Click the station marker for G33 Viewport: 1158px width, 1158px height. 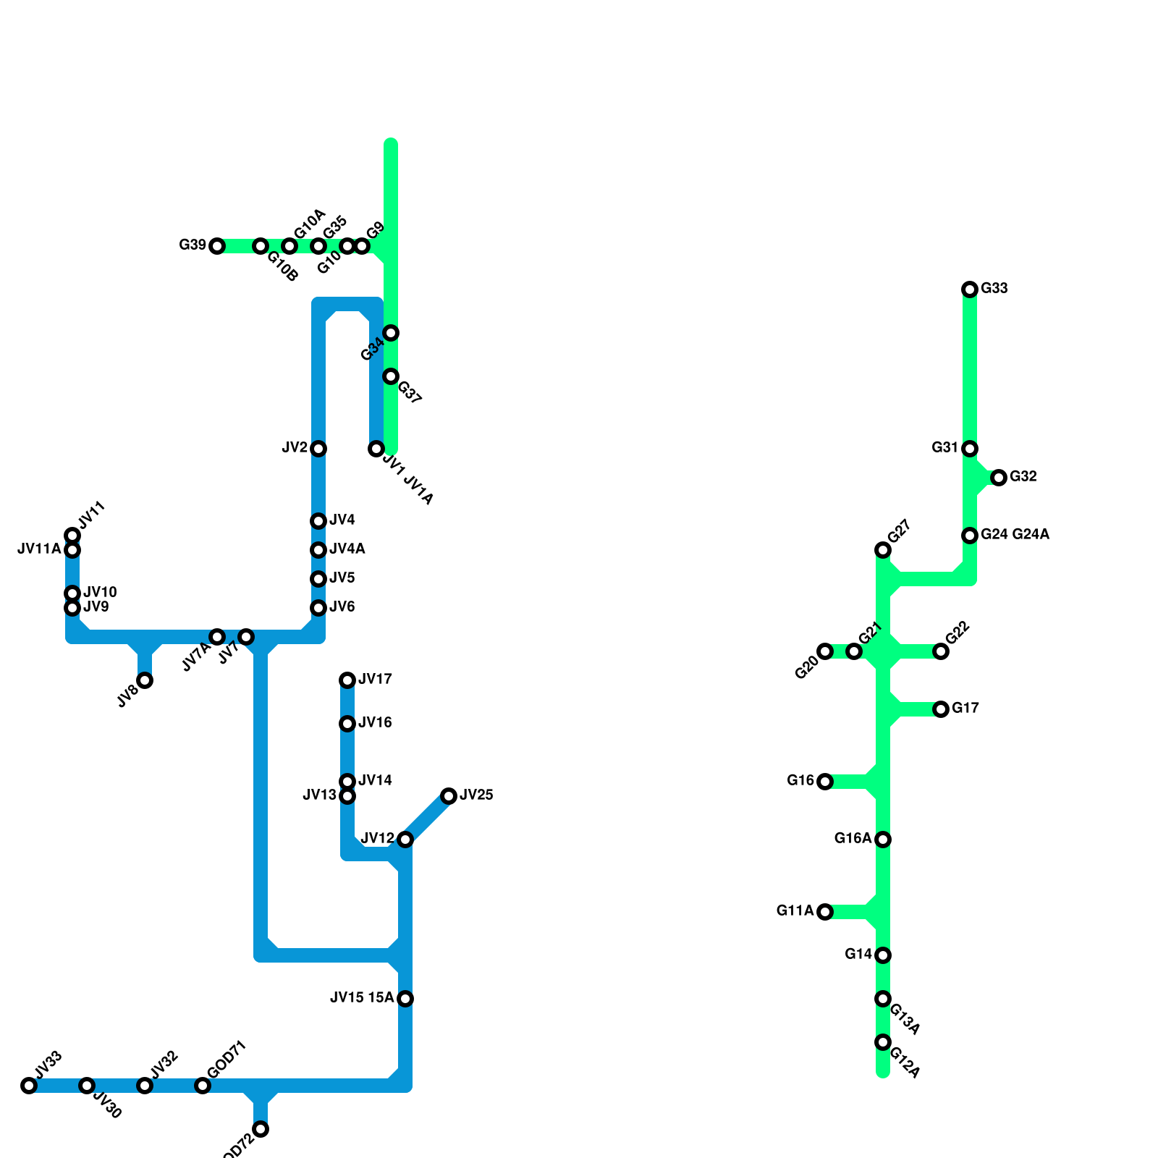click(x=970, y=289)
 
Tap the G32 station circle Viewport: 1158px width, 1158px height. click(x=999, y=478)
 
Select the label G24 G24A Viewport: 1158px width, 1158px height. click(x=1015, y=535)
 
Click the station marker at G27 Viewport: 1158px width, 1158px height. click(x=883, y=550)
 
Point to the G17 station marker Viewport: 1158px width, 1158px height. click(x=941, y=709)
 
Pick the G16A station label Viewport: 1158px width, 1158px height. click(x=853, y=839)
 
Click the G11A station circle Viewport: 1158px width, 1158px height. click(x=825, y=912)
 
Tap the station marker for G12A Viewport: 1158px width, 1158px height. click(x=883, y=1042)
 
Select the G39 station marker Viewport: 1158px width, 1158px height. click(x=217, y=246)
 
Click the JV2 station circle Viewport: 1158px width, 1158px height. click(x=318, y=449)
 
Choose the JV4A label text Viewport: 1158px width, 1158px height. click(x=347, y=549)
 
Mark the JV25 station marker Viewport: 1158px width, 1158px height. click(x=449, y=796)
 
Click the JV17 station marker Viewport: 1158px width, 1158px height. click(x=347, y=680)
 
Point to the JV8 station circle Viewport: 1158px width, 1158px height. click(x=145, y=680)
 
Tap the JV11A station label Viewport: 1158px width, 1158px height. click(x=39, y=549)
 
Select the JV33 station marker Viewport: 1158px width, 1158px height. click(x=29, y=1086)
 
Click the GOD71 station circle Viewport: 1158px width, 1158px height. click(x=203, y=1086)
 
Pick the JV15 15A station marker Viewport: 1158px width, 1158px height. click(x=405, y=999)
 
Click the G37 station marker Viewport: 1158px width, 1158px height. click(x=391, y=376)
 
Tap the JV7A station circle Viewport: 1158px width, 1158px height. click(x=217, y=637)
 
